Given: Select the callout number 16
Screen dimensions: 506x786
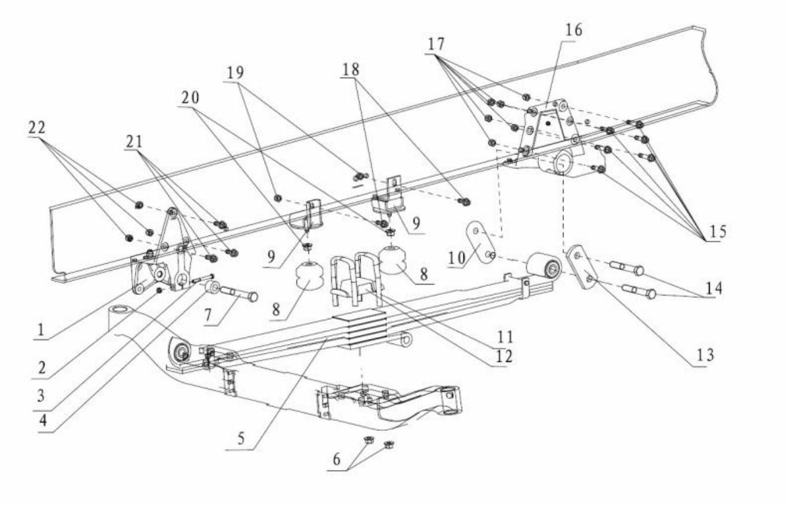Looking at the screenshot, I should point(574,30).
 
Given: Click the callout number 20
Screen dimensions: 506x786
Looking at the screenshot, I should point(190,98).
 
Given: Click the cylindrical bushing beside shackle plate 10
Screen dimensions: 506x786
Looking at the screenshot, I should point(544,268).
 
